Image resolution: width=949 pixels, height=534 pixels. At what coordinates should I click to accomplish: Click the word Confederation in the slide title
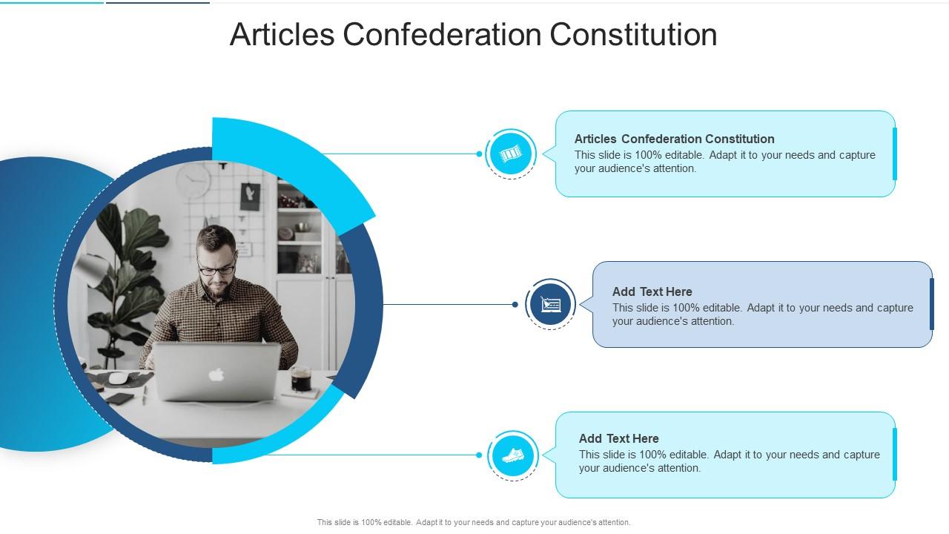442,35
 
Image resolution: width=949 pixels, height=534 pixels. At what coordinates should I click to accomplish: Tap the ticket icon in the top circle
511,154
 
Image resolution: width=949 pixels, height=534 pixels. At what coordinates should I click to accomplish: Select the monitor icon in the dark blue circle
551,304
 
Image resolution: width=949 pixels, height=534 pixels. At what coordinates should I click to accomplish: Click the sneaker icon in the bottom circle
512,455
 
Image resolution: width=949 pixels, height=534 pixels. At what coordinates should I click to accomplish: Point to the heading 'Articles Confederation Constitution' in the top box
674,139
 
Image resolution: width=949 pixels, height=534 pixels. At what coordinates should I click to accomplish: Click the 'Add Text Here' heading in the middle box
652,291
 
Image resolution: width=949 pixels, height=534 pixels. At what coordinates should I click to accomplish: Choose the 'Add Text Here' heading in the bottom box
618,438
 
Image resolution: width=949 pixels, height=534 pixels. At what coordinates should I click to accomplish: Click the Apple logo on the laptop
216,375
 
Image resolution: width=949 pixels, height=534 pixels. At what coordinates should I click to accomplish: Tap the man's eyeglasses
216,268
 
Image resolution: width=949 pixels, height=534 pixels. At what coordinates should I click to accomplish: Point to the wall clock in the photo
194,181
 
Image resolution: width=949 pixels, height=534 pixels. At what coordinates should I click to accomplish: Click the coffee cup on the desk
301,379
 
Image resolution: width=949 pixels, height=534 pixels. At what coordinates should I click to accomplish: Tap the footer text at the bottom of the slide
474,522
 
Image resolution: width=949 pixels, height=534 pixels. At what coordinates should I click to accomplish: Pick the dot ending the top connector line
480,154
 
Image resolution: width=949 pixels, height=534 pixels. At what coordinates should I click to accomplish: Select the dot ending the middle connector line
515,304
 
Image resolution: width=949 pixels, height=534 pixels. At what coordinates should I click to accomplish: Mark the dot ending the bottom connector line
480,455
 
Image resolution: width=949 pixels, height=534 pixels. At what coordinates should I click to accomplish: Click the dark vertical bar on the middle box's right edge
931,304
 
